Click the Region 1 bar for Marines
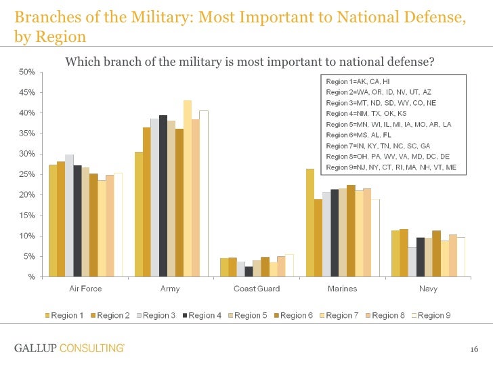pos(310,223)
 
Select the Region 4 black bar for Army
pos(163,196)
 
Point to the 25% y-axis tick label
pos(27,175)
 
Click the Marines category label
pos(342,289)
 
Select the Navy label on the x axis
pos(428,289)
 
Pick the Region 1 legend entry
pos(65,315)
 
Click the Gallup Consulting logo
pos(69,348)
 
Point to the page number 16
pos(474,349)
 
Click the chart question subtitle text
pos(249,62)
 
